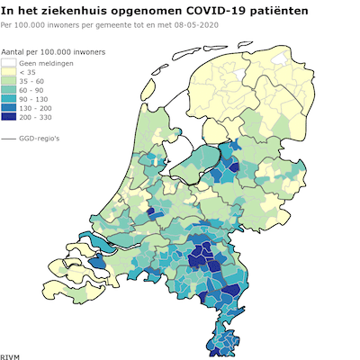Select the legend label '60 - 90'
pyautogui.click(x=32, y=91)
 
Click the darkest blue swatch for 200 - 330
pyautogui.click(x=9, y=117)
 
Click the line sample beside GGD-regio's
pyautogui.click(x=9, y=139)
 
